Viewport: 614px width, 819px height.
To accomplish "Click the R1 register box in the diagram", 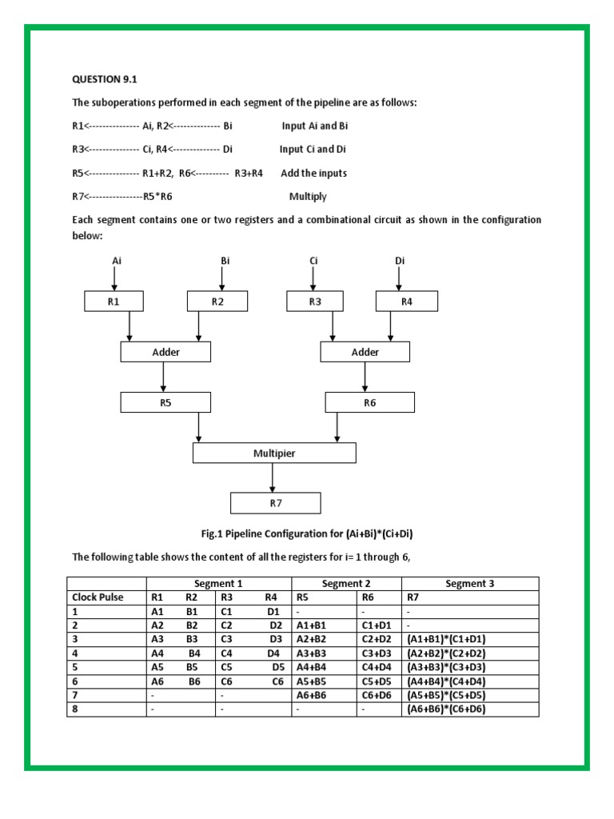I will click(x=114, y=301).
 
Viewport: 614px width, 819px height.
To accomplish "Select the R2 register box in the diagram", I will click(x=217, y=301).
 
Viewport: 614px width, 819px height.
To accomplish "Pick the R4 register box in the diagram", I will click(x=407, y=301).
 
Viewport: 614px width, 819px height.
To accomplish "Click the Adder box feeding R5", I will click(x=165, y=352).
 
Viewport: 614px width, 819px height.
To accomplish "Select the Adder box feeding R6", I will click(x=365, y=352).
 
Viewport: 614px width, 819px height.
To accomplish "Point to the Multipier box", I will click(x=274, y=453).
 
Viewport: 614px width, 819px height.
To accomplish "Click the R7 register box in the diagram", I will click(x=275, y=503).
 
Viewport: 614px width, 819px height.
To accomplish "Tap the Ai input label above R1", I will click(x=116, y=261).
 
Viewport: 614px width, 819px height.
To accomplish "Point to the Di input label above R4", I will click(x=400, y=261).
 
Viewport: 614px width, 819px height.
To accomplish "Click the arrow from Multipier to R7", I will click(x=273, y=477).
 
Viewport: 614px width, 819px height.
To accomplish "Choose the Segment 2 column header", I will click(x=346, y=583).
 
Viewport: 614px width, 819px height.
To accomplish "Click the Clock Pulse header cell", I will click(x=98, y=597).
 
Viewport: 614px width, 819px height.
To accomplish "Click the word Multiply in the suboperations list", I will click(x=308, y=196).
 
